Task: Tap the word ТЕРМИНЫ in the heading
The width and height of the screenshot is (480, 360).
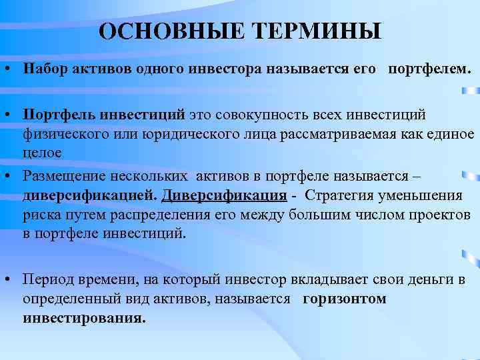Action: (x=317, y=31)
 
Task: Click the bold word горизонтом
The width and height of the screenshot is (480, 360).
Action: (x=345, y=298)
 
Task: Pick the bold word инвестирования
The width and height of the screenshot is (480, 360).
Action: (x=83, y=317)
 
